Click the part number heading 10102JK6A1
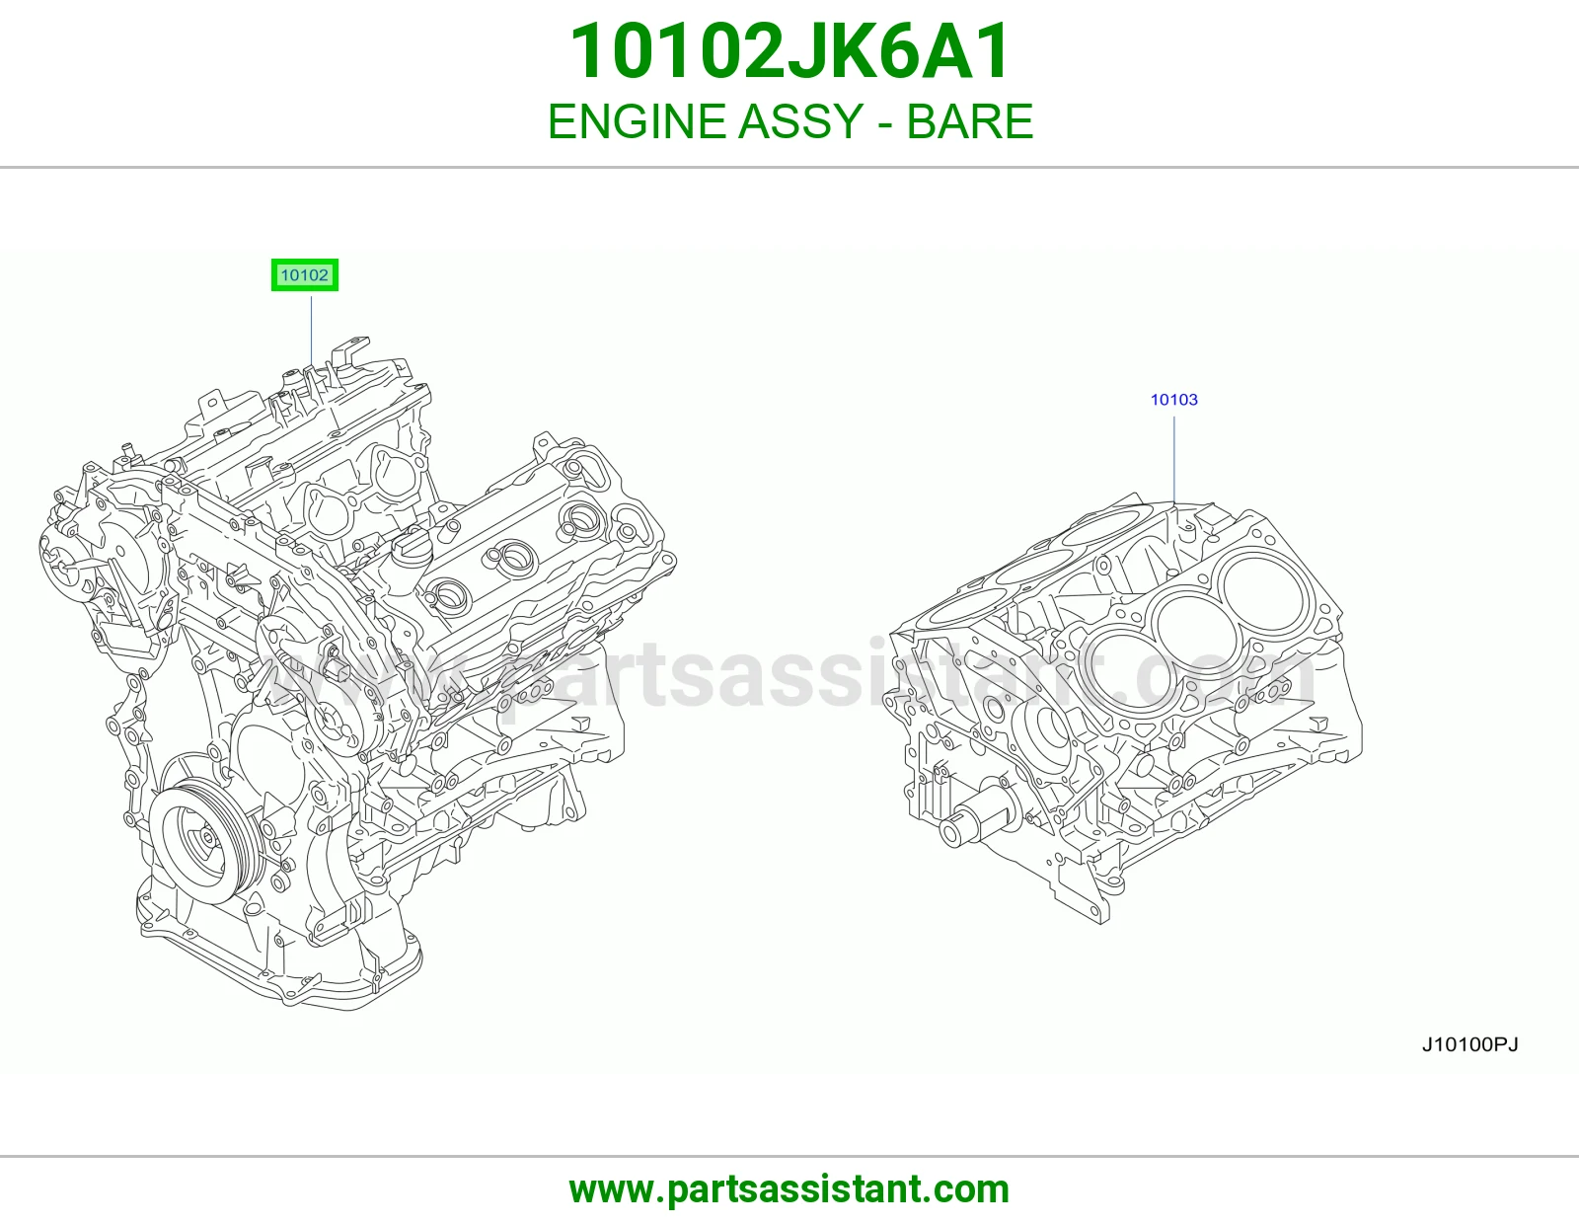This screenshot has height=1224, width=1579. click(x=789, y=51)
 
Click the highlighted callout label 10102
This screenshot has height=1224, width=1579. click(x=305, y=274)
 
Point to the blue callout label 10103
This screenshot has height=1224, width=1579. click(x=1173, y=399)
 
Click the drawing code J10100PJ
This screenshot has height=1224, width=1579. click(x=1470, y=1044)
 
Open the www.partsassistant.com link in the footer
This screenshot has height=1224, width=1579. click(x=789, y=1189)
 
